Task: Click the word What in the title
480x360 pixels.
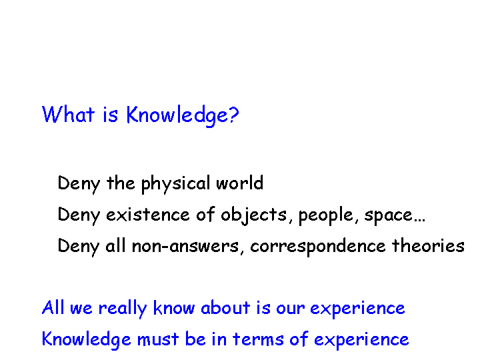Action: pos(68,114)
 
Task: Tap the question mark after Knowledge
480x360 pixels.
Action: pos(233,115)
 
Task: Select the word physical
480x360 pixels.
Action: pos(175,184)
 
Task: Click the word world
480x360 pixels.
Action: pos(240,183)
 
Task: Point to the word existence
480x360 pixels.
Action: pos(148,214)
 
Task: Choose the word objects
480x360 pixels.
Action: pos(254,215)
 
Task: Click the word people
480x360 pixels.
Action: pos(326,215)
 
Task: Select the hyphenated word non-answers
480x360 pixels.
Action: pos(185,246)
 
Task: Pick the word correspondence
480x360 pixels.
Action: pos(318,247)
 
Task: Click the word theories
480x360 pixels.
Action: pos(428,245)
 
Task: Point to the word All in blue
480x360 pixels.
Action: pos(53,307)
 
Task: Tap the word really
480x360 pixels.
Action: pos(123,309)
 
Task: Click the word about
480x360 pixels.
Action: pos(225,307)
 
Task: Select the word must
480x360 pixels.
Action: pos(157,339)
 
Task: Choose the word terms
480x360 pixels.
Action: pos(258,339)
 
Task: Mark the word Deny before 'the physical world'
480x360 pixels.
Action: pos(79,184)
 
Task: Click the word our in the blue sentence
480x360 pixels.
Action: pos(290,309)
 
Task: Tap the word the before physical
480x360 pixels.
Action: pos(121,183)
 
